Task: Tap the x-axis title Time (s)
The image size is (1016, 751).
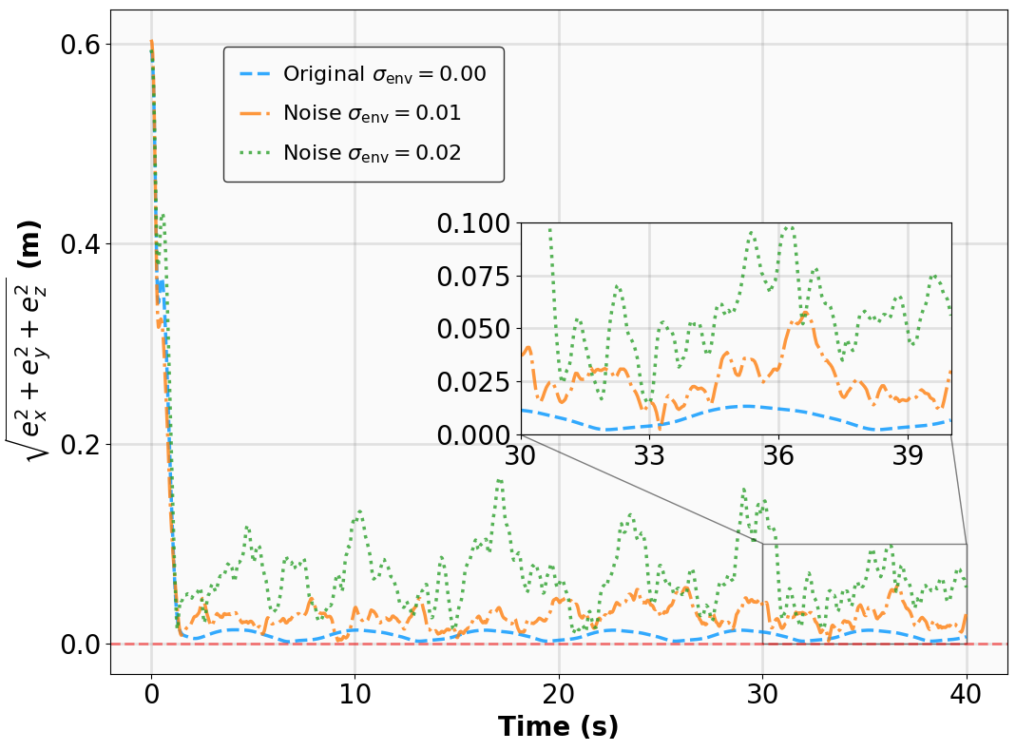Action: coord(558,727)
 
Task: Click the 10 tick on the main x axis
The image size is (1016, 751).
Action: coord(355,694)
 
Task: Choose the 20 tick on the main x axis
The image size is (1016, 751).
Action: coord(559,694)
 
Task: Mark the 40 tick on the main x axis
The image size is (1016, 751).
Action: coord(967,694)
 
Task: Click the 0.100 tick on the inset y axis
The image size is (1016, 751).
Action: coord(474,224)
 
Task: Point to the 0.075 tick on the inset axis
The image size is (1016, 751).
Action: coord(474,277)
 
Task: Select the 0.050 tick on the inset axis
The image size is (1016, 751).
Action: coord(474,330)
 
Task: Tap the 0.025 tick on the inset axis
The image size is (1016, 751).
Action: coord(474,382)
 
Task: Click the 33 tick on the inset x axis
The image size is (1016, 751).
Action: coord(649,455)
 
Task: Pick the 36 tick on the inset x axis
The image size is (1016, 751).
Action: coord(778,455)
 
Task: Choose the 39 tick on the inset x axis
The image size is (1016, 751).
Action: coord(908,455)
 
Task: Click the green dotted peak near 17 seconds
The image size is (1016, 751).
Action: coord(500,481)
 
